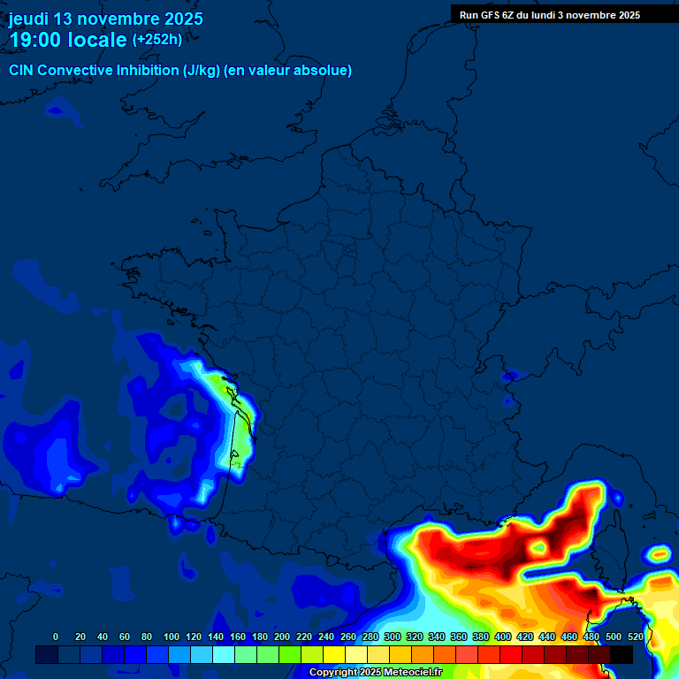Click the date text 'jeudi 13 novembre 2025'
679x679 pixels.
pos(105,19)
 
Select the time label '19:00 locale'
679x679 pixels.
pos(68,40)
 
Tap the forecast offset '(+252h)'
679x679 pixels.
pos(157,40)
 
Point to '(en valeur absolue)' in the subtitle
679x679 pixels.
pos(287,71)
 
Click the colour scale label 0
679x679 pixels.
pos(57,637)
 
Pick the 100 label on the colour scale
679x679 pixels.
pos(171,637)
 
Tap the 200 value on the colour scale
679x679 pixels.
pos(281,637)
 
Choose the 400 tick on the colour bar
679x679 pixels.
pos(502,637)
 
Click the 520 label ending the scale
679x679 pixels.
pos(635,637)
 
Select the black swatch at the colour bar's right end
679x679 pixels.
pos(622,654)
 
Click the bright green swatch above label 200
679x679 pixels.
pos(290,654)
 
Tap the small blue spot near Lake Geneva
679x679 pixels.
pos(508,378)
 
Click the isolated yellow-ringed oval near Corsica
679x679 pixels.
pos(660,555)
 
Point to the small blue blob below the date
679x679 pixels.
pos(61,110)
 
